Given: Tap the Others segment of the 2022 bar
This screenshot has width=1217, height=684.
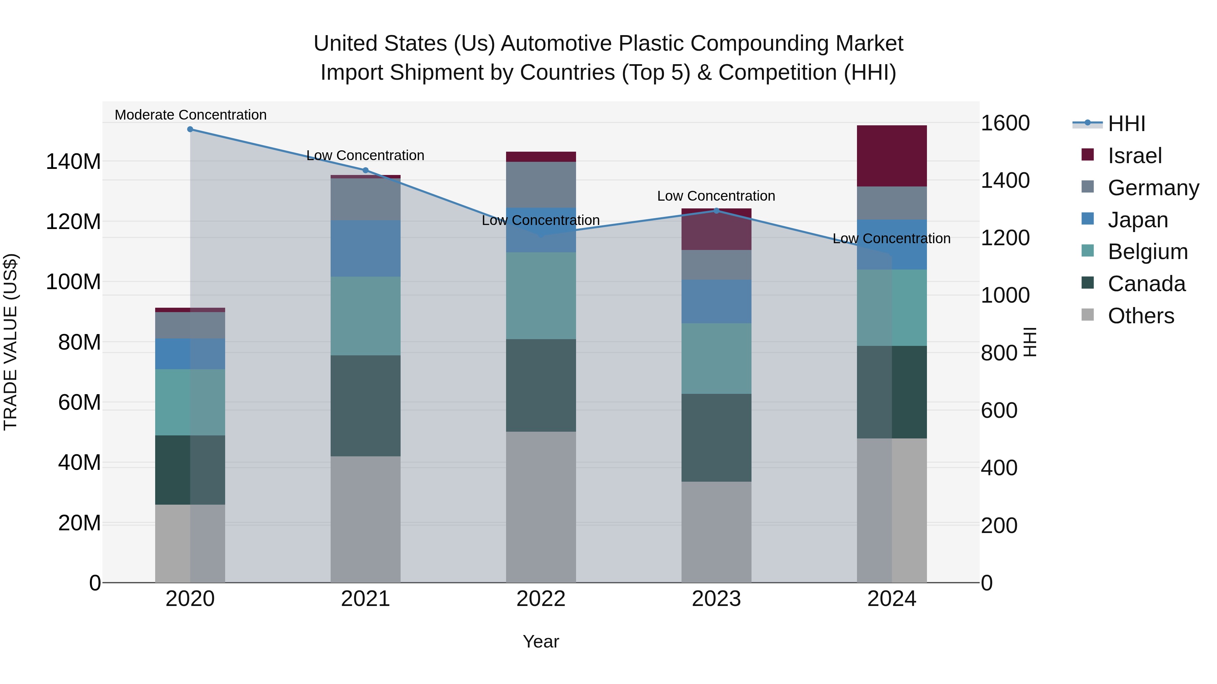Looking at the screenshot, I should pos(541,507).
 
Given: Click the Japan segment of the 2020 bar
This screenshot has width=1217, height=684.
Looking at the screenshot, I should pos(190,354).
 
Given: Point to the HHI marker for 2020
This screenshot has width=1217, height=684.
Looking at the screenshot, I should pos(190,129).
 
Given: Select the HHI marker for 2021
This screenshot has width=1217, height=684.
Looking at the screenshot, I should pos(365,171).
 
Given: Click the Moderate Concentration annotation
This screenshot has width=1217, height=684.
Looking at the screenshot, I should pos(190,115).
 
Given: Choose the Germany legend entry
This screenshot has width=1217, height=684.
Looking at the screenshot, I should pos(1153,187).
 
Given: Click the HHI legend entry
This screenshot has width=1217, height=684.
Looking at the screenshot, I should pos(1126,124).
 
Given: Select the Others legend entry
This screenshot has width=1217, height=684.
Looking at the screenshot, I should pos(1141,316).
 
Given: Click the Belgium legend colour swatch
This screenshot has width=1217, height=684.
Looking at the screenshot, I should pos(1087,251).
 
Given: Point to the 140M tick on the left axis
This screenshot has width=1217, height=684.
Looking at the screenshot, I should pos(73,162).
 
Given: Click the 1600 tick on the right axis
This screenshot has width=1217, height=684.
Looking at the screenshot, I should pos(1005,123).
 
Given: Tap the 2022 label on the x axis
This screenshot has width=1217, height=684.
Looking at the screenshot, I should pos(541,599).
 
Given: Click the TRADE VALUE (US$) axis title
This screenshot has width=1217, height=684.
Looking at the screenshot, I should pos(10,342).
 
